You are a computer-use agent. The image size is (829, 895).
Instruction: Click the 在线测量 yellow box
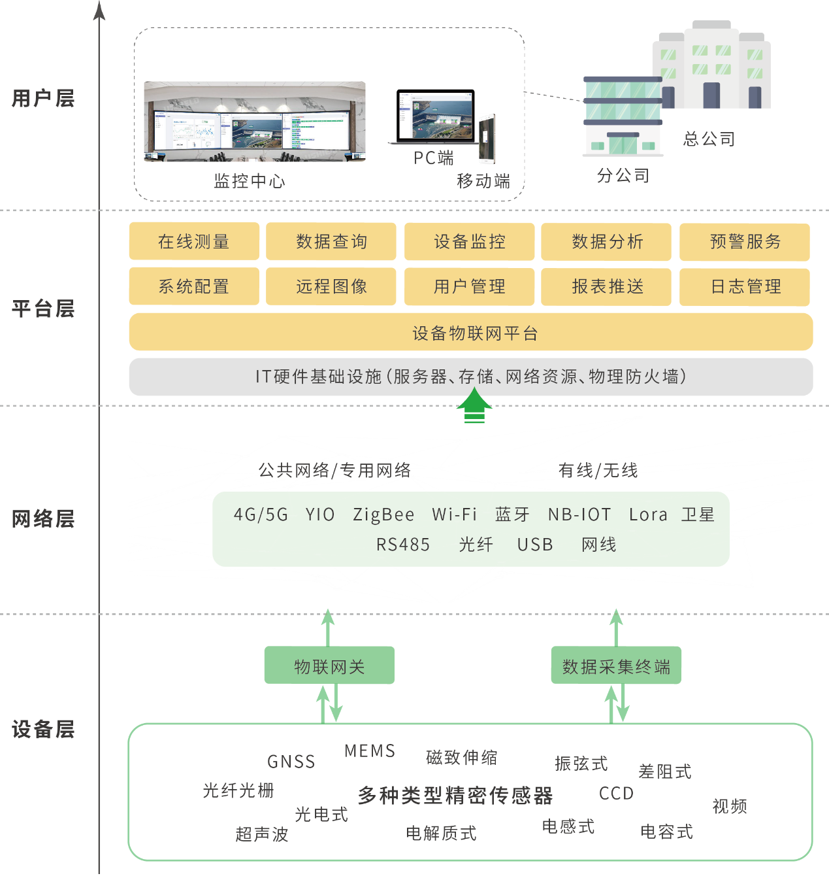194,241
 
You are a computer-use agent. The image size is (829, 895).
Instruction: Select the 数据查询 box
331,241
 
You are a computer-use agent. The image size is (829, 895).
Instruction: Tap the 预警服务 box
745,241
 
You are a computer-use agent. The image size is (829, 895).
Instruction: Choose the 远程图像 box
331,286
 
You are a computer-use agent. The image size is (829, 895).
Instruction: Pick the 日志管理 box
745,286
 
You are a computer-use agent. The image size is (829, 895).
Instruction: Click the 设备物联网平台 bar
471,333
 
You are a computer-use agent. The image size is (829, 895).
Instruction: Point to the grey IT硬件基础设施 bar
471,377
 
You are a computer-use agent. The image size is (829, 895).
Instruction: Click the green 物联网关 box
329,666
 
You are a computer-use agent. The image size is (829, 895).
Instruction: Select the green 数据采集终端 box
616,666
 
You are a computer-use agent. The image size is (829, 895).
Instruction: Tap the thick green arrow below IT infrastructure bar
474,407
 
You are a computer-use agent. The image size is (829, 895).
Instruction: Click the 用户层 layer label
43,99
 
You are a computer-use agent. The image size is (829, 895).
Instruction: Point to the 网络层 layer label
43,519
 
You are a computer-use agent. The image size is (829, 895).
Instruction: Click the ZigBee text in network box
383,515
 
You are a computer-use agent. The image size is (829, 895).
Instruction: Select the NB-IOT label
579,515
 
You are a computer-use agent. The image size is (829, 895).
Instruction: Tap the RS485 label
403,545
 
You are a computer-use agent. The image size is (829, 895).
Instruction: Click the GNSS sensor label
291,762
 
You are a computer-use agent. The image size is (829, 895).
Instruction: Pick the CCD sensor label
616,793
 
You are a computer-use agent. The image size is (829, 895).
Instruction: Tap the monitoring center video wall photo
255,122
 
